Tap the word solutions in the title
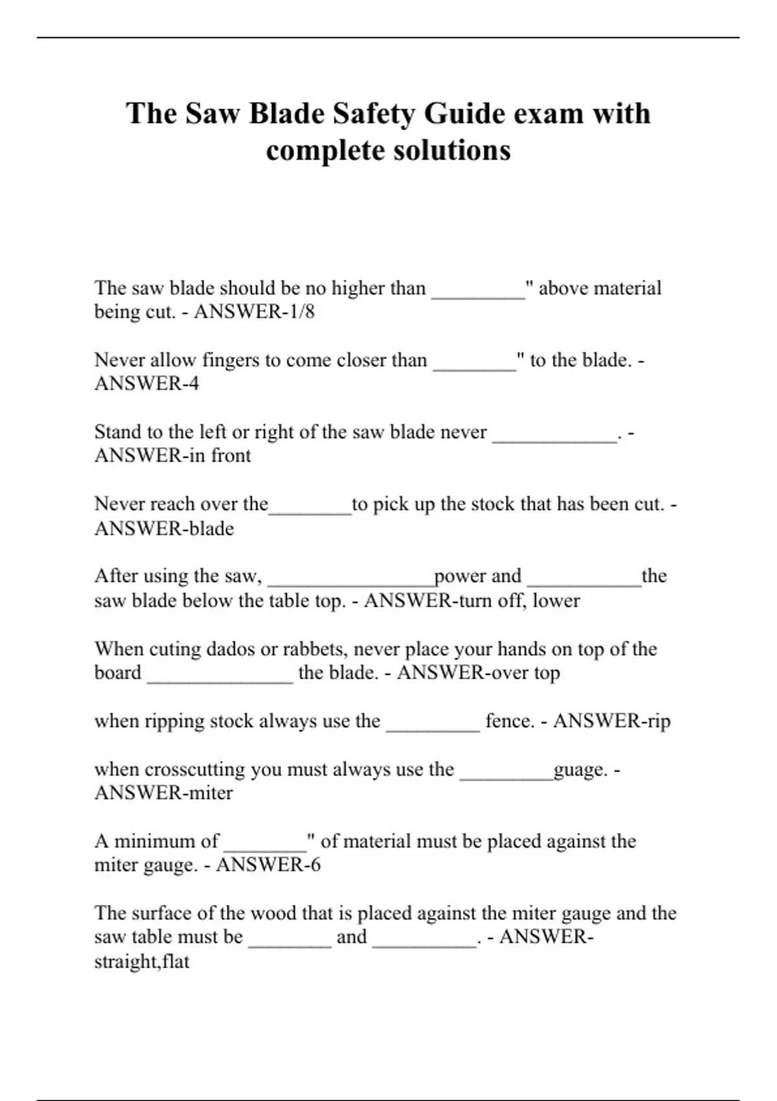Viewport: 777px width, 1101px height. (x=452, y=150)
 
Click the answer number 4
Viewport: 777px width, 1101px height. (x=192, y=384)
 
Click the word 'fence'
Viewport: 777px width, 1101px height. (x=510, y=721)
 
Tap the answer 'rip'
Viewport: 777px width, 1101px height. (x=657, y=721)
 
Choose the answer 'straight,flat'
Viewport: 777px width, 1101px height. (x=142, y=962)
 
